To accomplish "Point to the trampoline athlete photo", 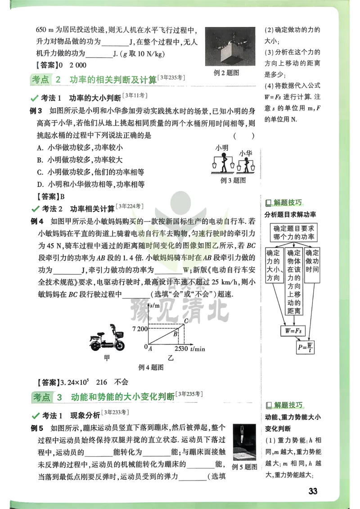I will tap(244, 441).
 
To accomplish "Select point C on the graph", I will tap(186, 320).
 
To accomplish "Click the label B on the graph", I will tap(176, 334).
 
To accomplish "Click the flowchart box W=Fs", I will tap(292, 330).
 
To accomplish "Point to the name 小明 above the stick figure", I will tap(222, 148).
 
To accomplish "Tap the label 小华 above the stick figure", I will tap(246, 153).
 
